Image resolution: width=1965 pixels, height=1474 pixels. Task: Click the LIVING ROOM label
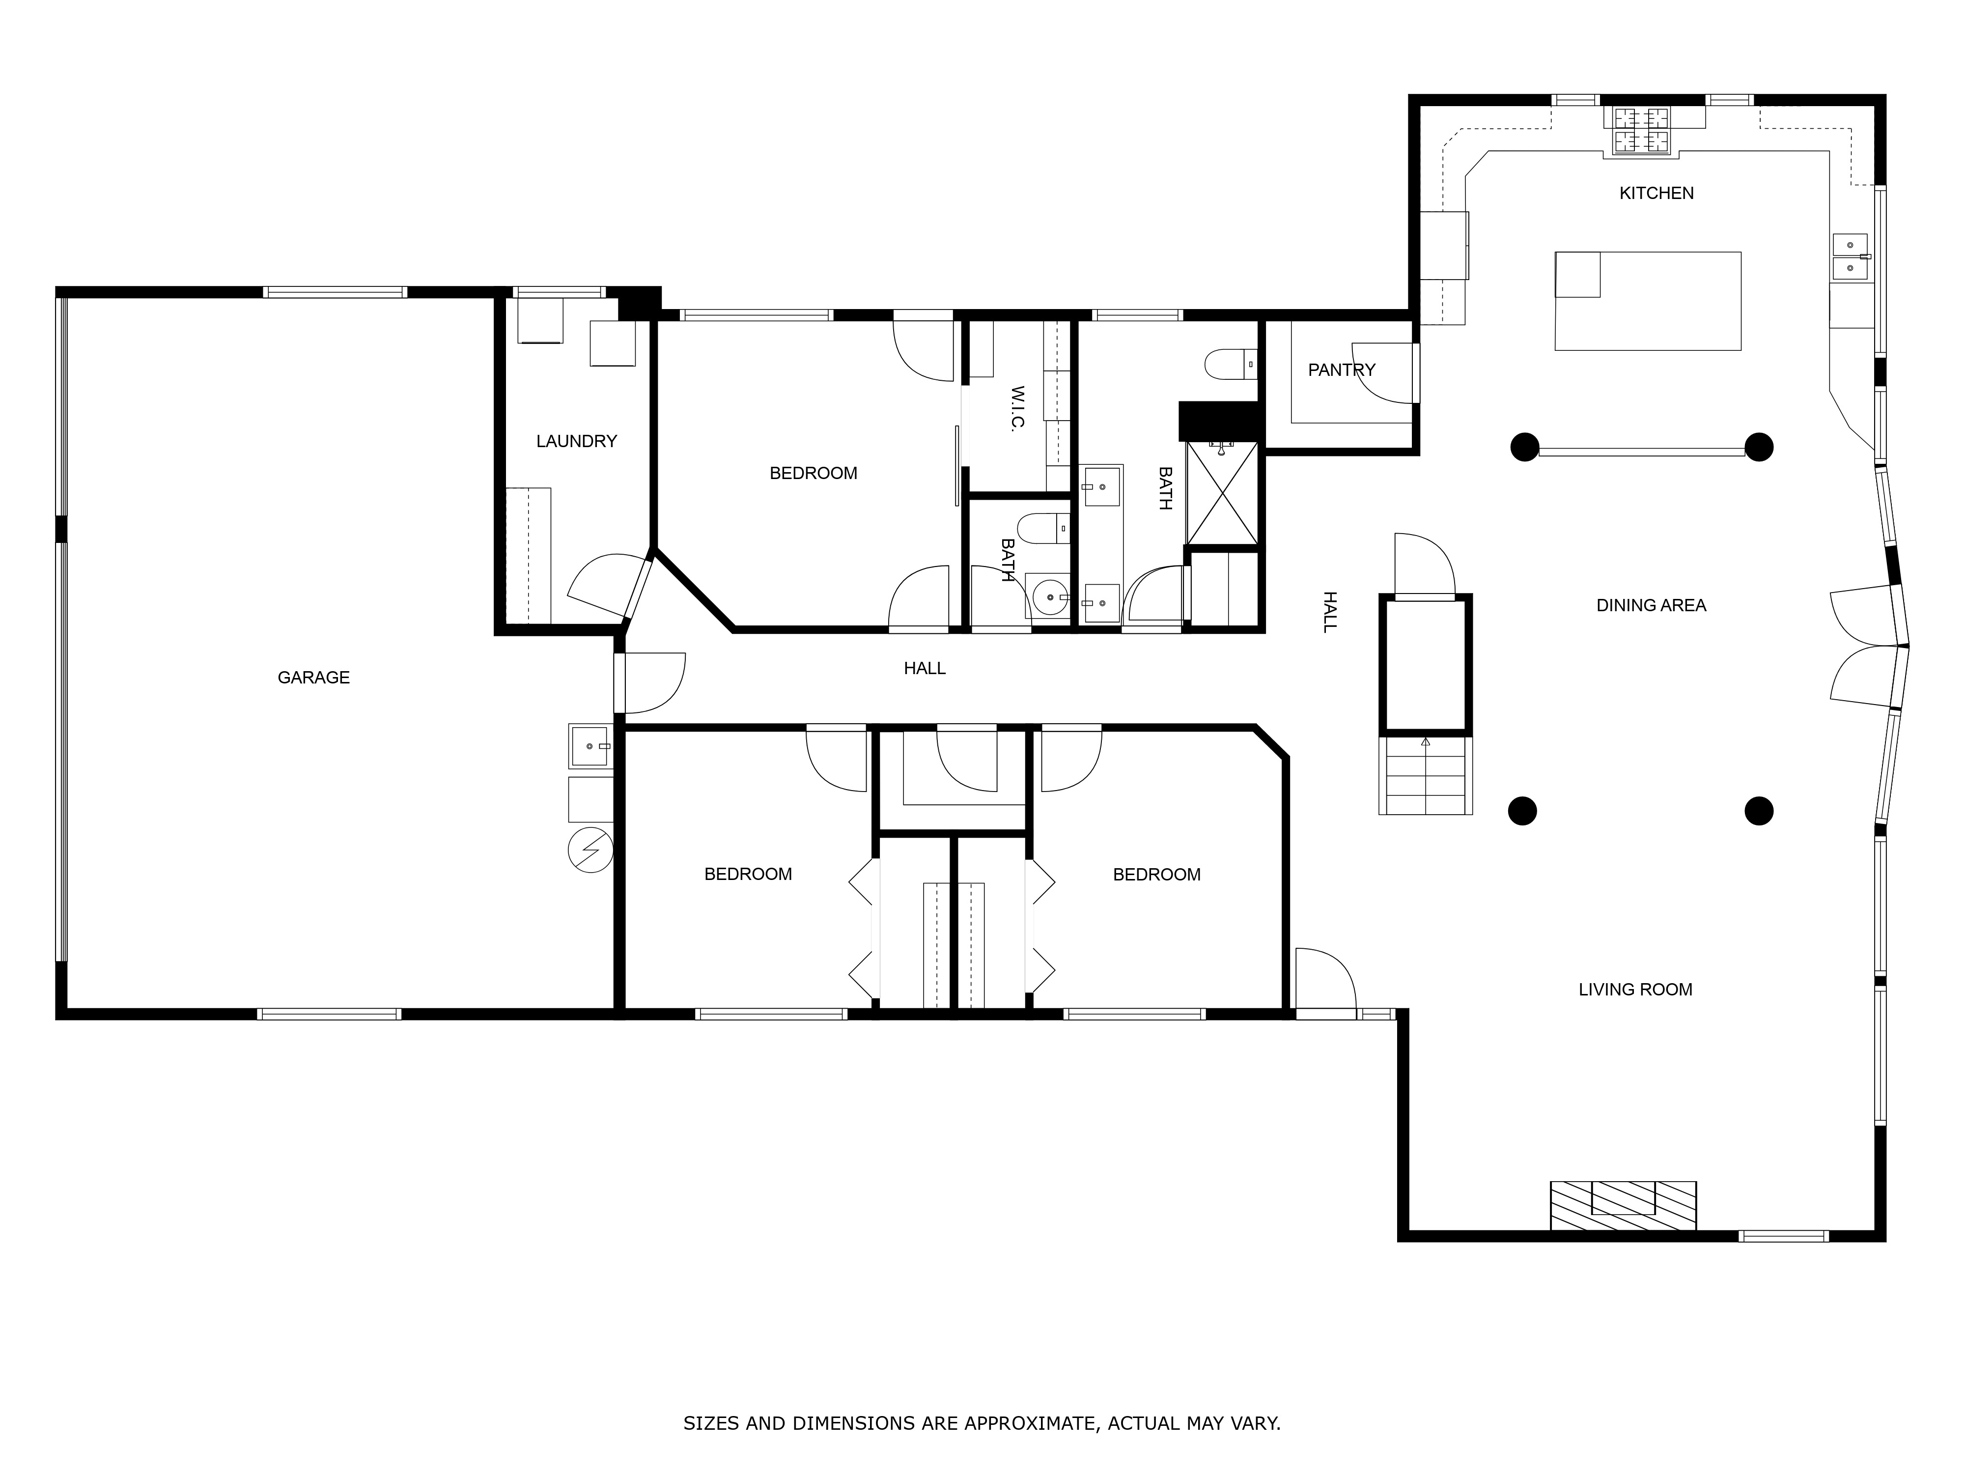[x=1634, y=990]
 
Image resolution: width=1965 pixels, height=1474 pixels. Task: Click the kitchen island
[x=1647, y=301]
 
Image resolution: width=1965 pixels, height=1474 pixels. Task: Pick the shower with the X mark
[x=1222, y=494]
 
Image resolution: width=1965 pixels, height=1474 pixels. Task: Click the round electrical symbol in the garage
[x=590, y=850]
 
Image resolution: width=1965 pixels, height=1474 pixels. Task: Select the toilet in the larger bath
[x=1231, y=364]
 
